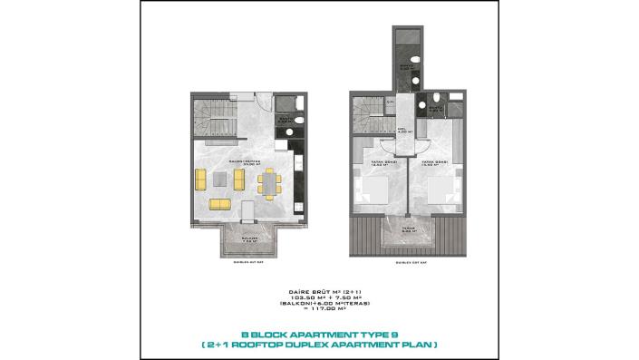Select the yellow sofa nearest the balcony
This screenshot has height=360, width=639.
220,204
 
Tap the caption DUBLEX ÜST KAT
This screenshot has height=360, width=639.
411,262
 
